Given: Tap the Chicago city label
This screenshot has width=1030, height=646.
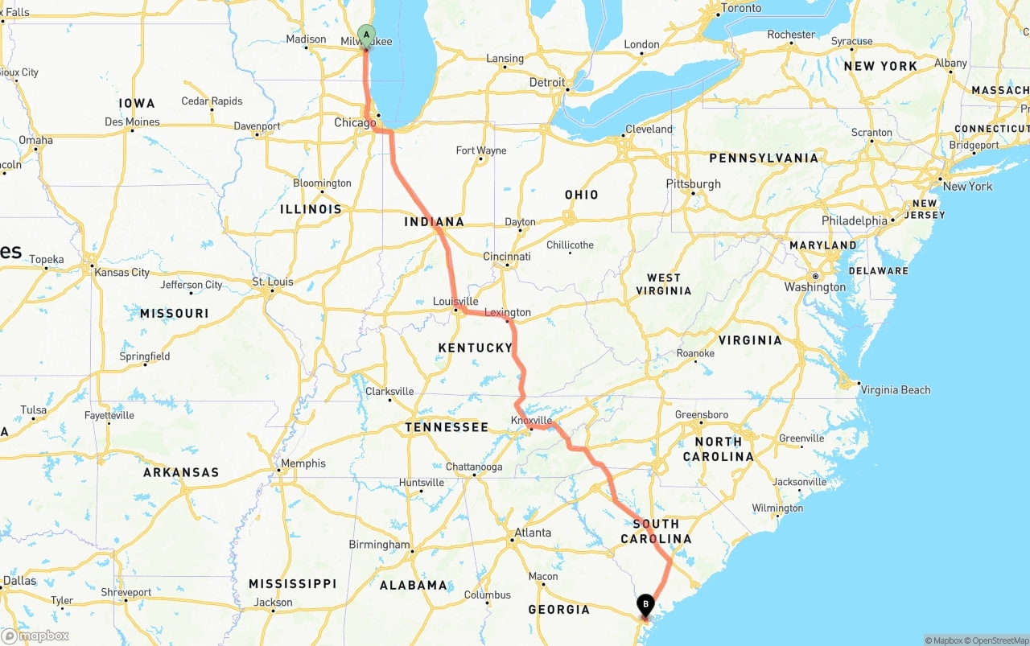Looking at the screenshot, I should click(354, 123).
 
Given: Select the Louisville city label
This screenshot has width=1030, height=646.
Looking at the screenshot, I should click(455, 302).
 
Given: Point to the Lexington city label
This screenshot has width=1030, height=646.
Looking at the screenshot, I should click(508, 312).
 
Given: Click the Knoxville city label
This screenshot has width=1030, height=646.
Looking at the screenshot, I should click(532, 421).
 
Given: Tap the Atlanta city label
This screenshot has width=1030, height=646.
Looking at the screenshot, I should click(533, 533).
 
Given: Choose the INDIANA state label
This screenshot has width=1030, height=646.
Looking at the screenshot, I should click(435, 222).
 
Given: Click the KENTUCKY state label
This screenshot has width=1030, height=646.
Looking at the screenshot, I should click(476, 348).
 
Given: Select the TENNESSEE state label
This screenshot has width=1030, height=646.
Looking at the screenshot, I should click(447, 427).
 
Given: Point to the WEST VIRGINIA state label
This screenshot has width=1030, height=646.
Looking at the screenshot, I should click(664, 284).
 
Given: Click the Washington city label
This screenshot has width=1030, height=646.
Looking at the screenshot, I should click(815, 287).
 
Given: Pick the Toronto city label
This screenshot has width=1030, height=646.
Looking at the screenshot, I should click(741, 8).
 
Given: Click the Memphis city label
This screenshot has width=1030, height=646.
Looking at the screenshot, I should click(304, 463).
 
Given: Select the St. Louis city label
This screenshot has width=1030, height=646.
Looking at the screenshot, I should click(273, 282).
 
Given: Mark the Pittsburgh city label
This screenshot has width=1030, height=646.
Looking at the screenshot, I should click(694, 184).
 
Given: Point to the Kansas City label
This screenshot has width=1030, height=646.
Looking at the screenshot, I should click(122, 273).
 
